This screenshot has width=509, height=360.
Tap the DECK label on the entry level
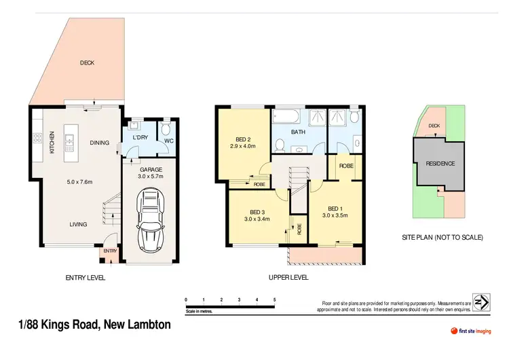[x=87, y=63]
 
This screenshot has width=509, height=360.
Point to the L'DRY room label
[x=140, y=138]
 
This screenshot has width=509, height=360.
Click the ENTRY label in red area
[x=110, y=252]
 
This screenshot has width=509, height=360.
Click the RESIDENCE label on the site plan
[x=440, y=164]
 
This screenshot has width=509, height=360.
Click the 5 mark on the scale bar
[x=274, y=299]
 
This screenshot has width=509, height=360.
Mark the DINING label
[x=100, y=143]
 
